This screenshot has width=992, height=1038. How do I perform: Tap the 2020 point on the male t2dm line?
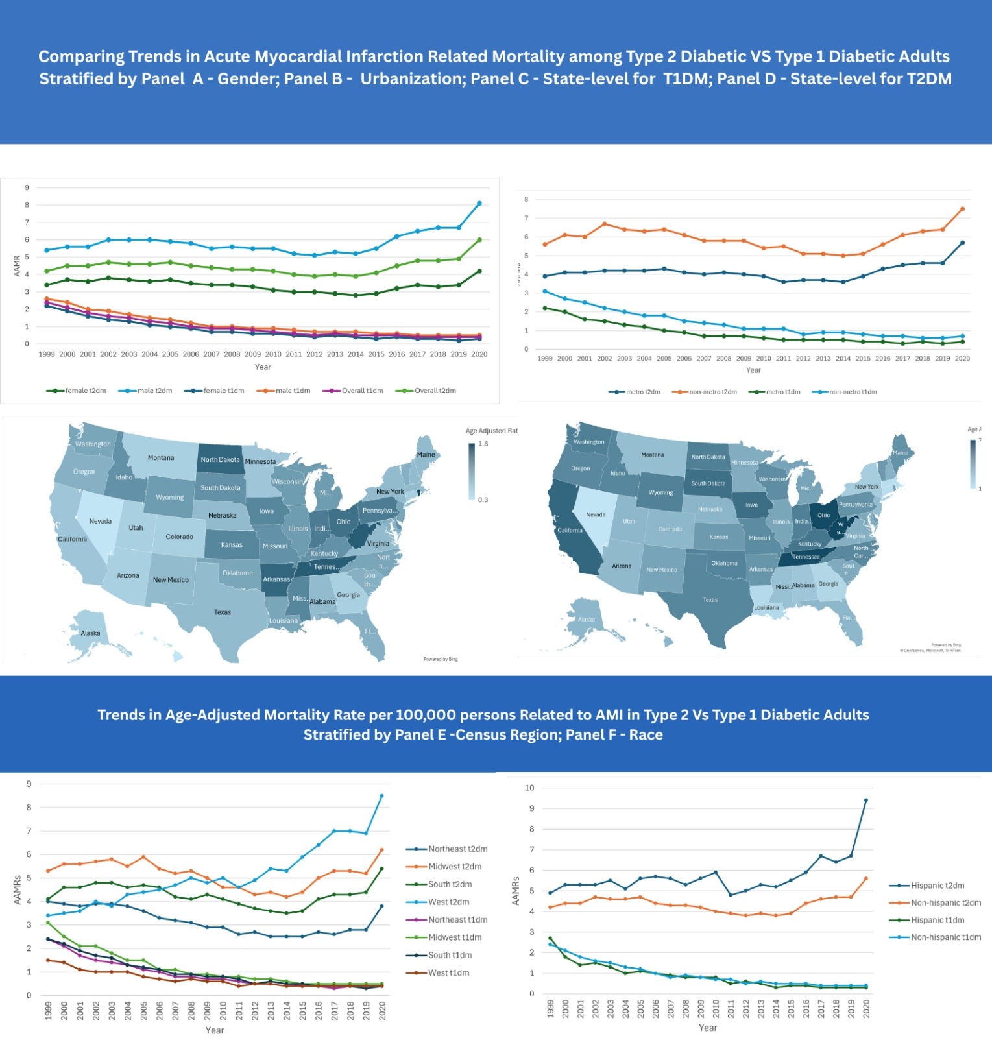[x=479, y=203]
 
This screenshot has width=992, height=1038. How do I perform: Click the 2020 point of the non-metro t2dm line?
[x=962, y=209]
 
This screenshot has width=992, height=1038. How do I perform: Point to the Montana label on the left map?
[x=161, y=458]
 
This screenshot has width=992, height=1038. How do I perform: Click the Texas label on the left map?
[x=223, y=612]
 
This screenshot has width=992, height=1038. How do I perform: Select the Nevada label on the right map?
[x=596, y=515]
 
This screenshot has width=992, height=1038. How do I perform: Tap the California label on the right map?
[x=570, y=531]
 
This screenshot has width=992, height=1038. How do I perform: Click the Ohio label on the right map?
[x=823, y=515]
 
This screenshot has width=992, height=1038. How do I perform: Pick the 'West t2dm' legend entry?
[x=448, y=902]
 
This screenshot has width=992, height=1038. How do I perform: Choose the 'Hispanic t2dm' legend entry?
[x=937, y=886]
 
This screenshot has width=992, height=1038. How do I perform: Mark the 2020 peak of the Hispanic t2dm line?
[x=866, y=800]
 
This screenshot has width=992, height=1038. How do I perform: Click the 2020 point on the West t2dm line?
[x=381, y=795]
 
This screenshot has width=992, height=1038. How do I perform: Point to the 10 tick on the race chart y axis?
[x=529, y=788]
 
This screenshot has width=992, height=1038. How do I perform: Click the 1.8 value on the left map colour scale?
[x=483, y=444]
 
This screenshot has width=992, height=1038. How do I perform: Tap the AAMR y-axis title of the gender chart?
[x=18, y=266]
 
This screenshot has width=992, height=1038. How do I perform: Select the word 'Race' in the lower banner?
[x=646, y=735]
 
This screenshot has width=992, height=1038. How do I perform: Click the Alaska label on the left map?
[x=90, y=633]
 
